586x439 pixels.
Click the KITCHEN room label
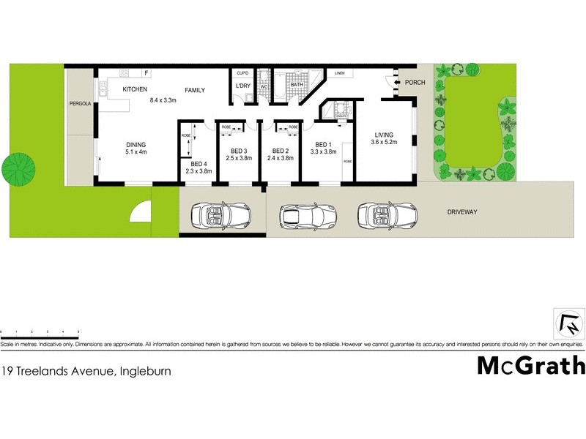(135, 89)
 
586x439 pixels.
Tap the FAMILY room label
(194, 90)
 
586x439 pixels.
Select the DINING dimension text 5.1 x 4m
(136, 153)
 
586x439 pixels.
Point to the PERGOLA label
(80, 104)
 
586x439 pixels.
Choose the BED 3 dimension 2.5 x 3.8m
(239, 158)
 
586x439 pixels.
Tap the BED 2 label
(280, 151)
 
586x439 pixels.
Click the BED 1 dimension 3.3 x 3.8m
(323, 152)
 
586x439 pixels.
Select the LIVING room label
(384, 135)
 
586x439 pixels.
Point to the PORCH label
(415, 83)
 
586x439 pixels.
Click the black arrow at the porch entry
(396, 83)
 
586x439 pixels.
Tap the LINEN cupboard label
(339, 73)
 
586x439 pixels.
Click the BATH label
(297, 86)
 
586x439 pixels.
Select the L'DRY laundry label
(243, 86)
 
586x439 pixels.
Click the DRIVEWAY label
(462, 212)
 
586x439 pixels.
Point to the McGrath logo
(530, 364)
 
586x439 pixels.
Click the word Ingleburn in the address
(146, 371)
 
